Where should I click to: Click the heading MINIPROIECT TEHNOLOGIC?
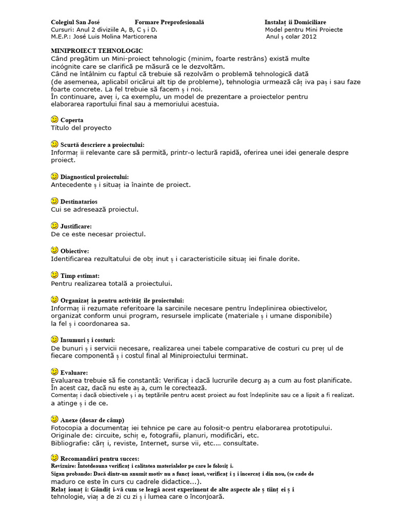point(97,51)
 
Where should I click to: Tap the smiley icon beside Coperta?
point(55,119)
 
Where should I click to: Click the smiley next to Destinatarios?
point(55,201)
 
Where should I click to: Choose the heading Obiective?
point(74,251)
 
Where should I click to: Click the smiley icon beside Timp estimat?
point(55,275)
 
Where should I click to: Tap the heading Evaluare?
point(74,372)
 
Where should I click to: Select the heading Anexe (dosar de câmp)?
point(92,420)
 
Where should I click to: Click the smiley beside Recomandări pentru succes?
point(55,457)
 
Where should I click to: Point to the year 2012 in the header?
point(309,37)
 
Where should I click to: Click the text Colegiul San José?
point(75,23)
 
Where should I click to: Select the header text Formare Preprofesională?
point(169,23)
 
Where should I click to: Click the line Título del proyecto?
point(81,128)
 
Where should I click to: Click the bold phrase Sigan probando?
point(71,474)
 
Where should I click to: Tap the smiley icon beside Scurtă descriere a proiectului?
point(55,144)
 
